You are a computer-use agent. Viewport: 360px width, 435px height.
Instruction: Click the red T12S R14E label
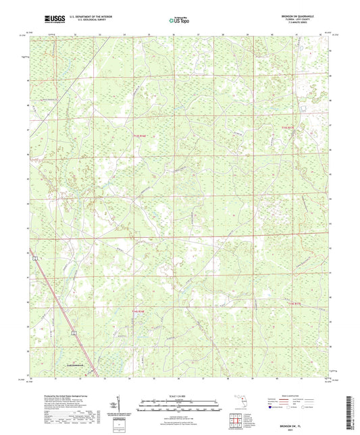(140, 136)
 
